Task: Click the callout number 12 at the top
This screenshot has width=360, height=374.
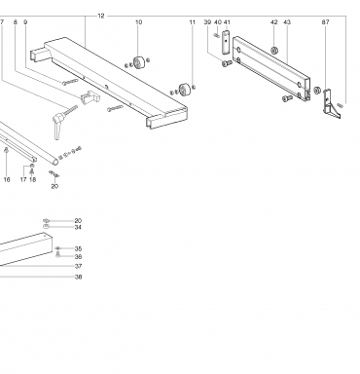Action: click(x=101, y=16)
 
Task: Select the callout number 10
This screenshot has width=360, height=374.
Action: click(x=138, y=22)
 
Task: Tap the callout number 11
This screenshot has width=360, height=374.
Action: click(x=193, y=22)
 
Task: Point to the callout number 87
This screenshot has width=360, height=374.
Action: click(x=325, y=22)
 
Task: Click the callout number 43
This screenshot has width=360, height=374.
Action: click(x=287, y=22)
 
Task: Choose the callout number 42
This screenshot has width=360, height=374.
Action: click(x=274, y=22)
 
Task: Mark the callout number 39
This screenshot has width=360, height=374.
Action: click(x=207, y=22)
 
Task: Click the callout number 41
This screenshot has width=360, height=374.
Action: click(x=227, y=22)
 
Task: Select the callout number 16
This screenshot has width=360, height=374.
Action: click(x=7, y=179)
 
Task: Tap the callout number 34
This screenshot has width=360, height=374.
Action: click(x=78, y=227)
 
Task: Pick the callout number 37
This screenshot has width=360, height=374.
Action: click(x=78, y=266)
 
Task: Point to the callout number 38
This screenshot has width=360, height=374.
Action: click(x=78, y=277)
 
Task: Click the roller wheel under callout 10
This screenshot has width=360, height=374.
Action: click(x=139, y=62)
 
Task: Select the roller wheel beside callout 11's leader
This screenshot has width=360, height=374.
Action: click(x=185, y=90)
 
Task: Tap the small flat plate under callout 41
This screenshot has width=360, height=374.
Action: click(x=226, y=42)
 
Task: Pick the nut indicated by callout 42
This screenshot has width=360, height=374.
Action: click(x=274, y=51)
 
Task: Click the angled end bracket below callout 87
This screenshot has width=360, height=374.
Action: click(x=332, y=104)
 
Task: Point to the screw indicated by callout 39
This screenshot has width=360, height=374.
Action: click(x=227, y=63)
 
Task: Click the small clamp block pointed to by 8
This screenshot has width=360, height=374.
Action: click(x=90, y=97)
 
